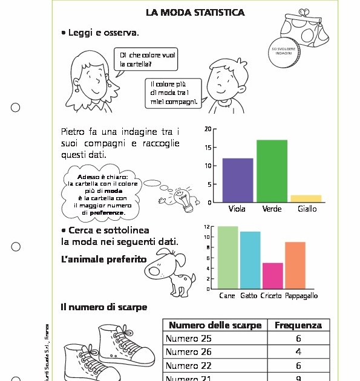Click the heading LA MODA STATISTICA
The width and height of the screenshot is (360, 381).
[x=195, y=13]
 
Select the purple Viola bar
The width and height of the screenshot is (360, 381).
[x=238, y=180]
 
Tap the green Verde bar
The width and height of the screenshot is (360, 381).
[x=272, y=171]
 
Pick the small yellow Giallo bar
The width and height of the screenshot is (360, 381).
[x=306, y=198]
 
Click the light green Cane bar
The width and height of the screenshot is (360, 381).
[x=227, y=258]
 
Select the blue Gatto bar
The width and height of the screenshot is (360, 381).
[x=249, y=260]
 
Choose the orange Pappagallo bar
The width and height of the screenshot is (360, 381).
[x=295, y=265]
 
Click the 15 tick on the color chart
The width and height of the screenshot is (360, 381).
[x=208, y=148]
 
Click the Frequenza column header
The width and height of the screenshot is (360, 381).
[x=298, y=325]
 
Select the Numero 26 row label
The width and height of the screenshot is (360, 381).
[x=189, y=352]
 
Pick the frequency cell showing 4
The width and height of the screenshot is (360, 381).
[x=298, y=352]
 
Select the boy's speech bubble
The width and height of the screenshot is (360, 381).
[x=174, y=93]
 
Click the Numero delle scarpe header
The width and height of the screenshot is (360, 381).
[x=215, y=325]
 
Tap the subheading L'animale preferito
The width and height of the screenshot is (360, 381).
[x=103, y=259]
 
